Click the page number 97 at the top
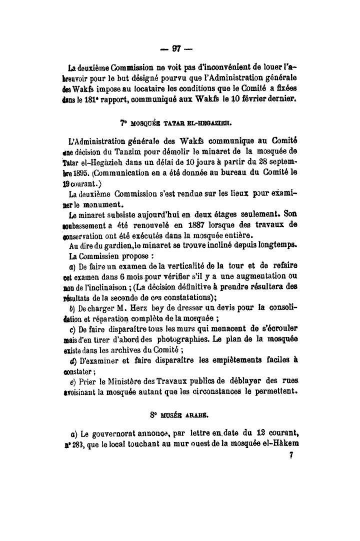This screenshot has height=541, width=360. [176, 48]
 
